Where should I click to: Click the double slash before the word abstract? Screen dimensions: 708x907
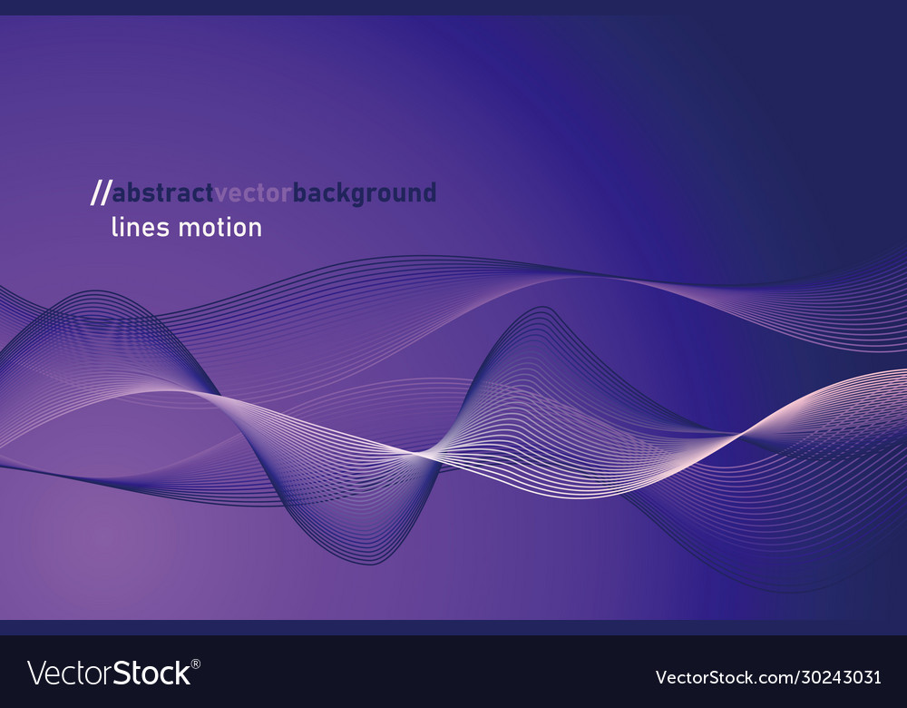pos(100,193)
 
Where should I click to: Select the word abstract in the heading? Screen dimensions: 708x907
pos(162,193)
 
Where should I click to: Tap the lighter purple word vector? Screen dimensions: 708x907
pos(253,193)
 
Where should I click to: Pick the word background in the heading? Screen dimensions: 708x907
pos(365,194)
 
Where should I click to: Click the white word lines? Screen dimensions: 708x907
pos(140,227)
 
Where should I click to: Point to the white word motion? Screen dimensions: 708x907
pos(219,227)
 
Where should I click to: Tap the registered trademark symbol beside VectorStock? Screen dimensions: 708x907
pos(196,664)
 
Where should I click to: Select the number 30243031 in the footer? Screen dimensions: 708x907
pos(838,677)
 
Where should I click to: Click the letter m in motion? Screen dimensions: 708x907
pos(187,228)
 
